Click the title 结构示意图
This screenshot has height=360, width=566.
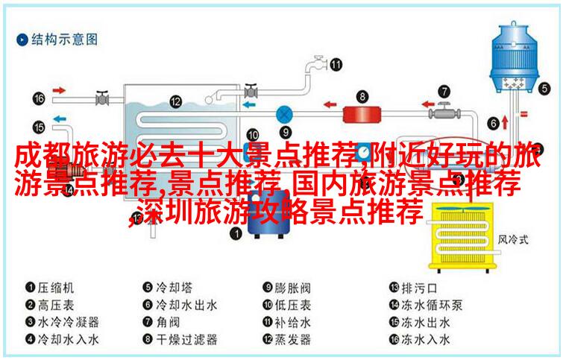pyautogui.click(x=63, y=39)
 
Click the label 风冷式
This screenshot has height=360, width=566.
pyautogui.click(x=512, y=240)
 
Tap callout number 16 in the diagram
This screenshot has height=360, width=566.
pyautogui.click(x=39, y=98)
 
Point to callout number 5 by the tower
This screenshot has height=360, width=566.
pyautogui.click(x=545, y=88)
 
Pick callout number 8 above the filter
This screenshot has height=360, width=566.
pyautogui.click(x=362, y=95)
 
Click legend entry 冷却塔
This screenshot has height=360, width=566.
pyautogui.click(x=176, y=287)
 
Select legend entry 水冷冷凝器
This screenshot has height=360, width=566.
pyautogui.click(x=66, y=323)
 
